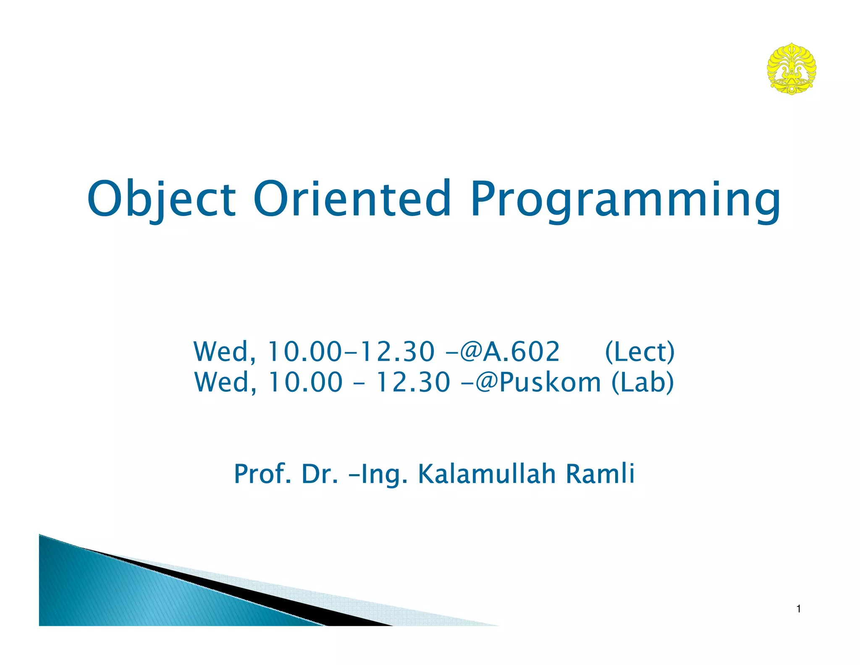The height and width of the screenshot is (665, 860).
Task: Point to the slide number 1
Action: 798,609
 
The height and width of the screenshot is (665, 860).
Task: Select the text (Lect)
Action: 640,352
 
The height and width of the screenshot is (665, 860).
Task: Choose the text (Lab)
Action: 642,383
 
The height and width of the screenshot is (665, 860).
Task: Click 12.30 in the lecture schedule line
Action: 398,352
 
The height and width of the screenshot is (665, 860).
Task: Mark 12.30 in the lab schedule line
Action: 413,383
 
